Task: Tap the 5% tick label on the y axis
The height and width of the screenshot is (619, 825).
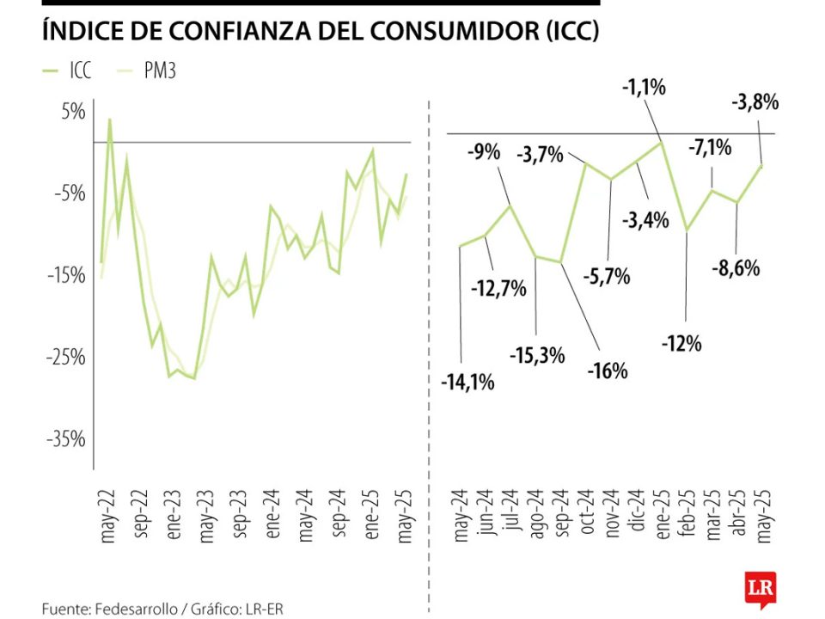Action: coord(72,113)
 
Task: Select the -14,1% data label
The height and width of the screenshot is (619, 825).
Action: coord(467,383)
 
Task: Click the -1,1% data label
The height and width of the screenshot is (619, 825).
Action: coord(645,87)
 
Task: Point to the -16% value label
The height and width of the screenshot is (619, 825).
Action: coord(608,371)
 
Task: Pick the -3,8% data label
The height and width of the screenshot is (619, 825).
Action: coord(755,103)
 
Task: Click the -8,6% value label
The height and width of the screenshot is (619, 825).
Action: coord(736,267)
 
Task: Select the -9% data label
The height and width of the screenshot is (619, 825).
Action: coord(483,153)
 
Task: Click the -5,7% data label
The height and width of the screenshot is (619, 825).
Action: coord(609,277)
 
